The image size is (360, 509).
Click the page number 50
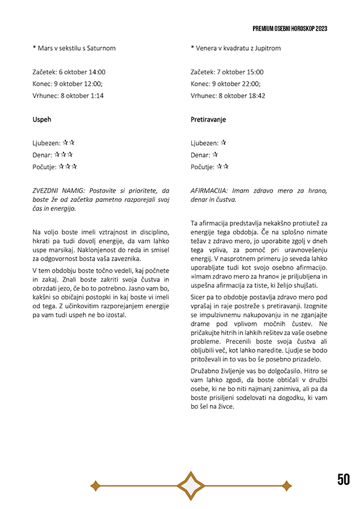(344, 480)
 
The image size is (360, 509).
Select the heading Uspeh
(42, 120)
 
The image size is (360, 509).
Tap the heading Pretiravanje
(208, 120)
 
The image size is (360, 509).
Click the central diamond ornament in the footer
(191, 485)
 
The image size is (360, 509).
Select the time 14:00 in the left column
(96, 72)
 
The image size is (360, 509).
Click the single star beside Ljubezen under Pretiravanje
(223, 143)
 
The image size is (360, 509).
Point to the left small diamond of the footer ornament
(95, 485)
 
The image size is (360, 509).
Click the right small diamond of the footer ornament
(286, 485)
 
